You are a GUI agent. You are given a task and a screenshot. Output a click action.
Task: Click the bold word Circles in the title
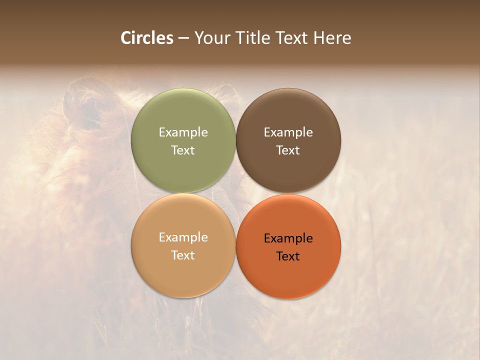tap(147, 38)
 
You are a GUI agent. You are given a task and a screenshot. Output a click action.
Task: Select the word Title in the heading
tap(255, 38)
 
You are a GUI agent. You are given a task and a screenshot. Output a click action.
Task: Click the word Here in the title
tap(332, 38)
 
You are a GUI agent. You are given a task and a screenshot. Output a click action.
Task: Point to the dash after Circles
tap(183, 38)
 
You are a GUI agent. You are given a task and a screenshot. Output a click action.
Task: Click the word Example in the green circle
tap(183, 132)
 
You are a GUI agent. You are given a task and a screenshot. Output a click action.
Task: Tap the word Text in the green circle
tap(183, 150)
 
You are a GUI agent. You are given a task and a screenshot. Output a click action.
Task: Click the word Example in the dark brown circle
tap(288, 132)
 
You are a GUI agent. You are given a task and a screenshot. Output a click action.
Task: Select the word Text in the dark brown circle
tap(288, 150)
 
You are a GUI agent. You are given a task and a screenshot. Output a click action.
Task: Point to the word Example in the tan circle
tap(183, 237)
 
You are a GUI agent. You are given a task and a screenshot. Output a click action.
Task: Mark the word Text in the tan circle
tap(183, 255)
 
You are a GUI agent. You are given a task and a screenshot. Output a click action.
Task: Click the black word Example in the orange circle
tap(288, 238)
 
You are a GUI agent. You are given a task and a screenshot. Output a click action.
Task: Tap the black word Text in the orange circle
tap(288, 256)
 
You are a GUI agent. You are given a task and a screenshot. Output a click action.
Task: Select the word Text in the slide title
tap(292, 38)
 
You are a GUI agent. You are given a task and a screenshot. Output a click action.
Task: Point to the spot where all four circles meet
tap(235, 193)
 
